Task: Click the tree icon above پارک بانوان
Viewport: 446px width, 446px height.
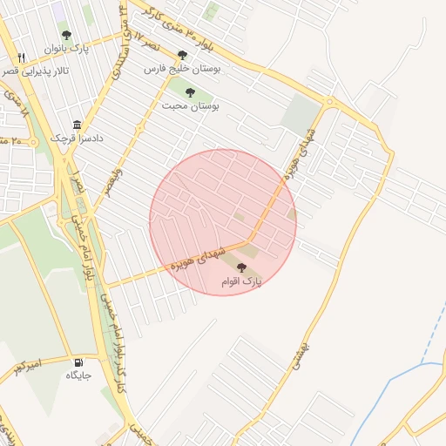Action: tap(66, 36)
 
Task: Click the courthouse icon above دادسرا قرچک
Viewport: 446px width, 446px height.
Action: tap(78, 125)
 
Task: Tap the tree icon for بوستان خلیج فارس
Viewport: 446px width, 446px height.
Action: tap(182, 55)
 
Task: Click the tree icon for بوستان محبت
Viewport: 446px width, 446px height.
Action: tap(190, 91)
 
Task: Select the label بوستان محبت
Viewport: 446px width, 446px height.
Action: tap(190, 105)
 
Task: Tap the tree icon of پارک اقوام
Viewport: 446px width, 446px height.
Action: tap(241, 268)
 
